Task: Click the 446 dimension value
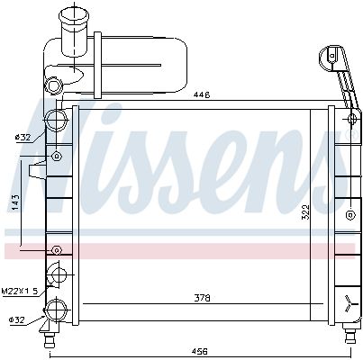(x=202, y=95)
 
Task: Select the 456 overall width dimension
(x=200, y=351)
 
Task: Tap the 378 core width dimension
(x=202, y=298)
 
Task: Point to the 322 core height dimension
(x=305, y=212)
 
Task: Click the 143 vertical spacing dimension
(x=15, y=202)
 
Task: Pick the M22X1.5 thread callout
(x=21, y=291)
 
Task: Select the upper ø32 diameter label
(x=23, y=138)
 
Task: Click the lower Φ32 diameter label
(x=16, y=320)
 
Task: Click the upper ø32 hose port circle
(x=56, y=121)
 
